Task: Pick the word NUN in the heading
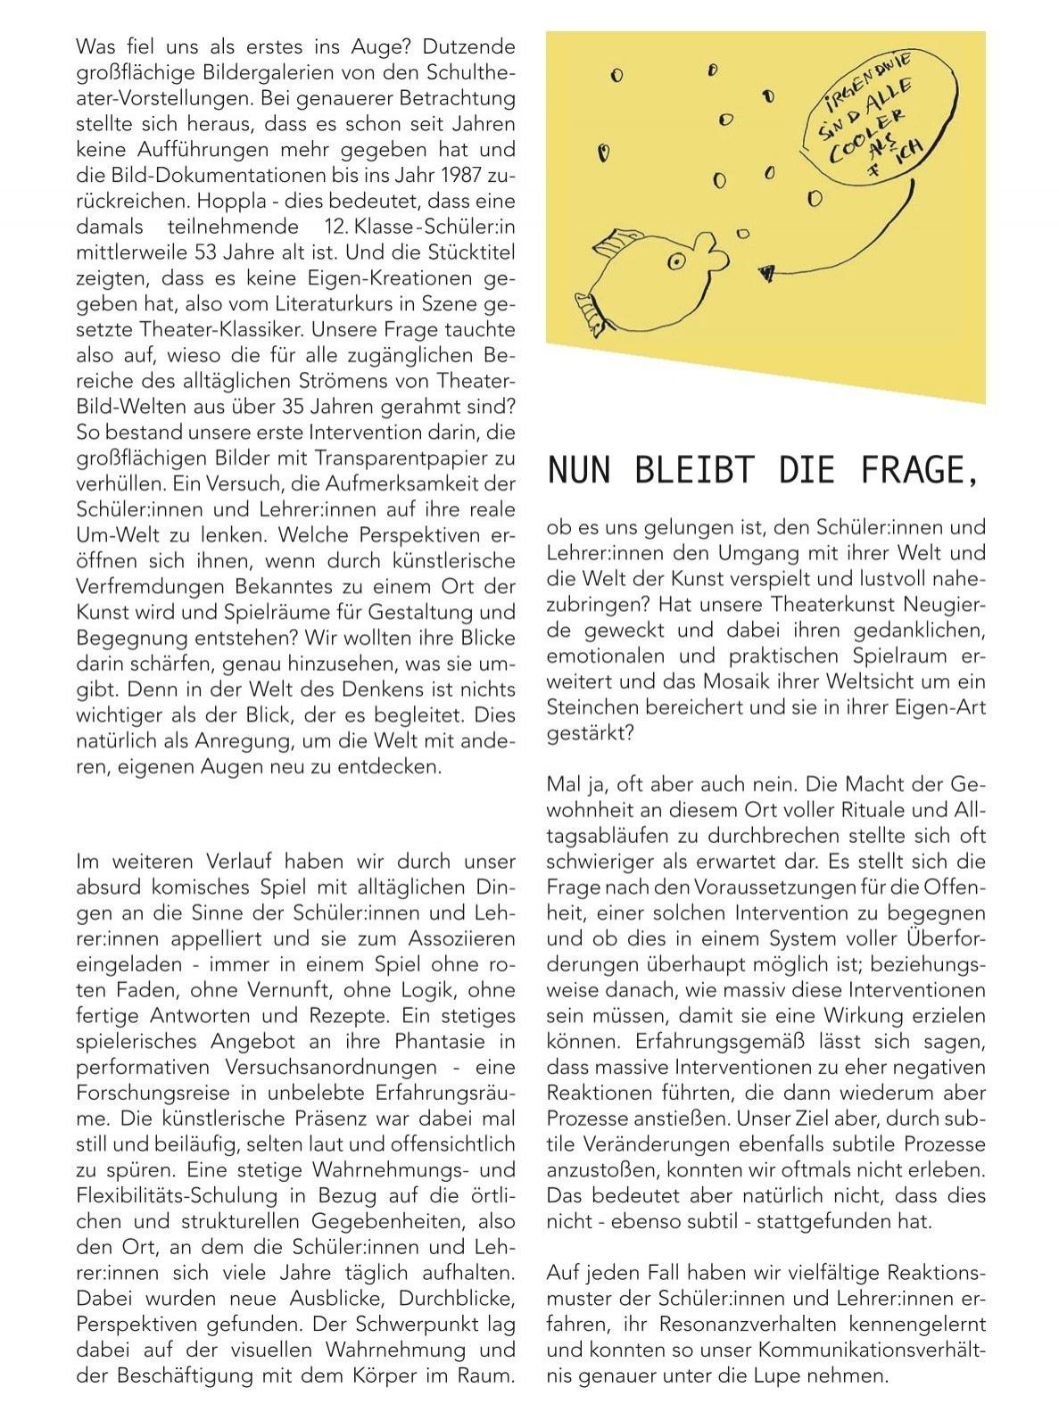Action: coord(578,470)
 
